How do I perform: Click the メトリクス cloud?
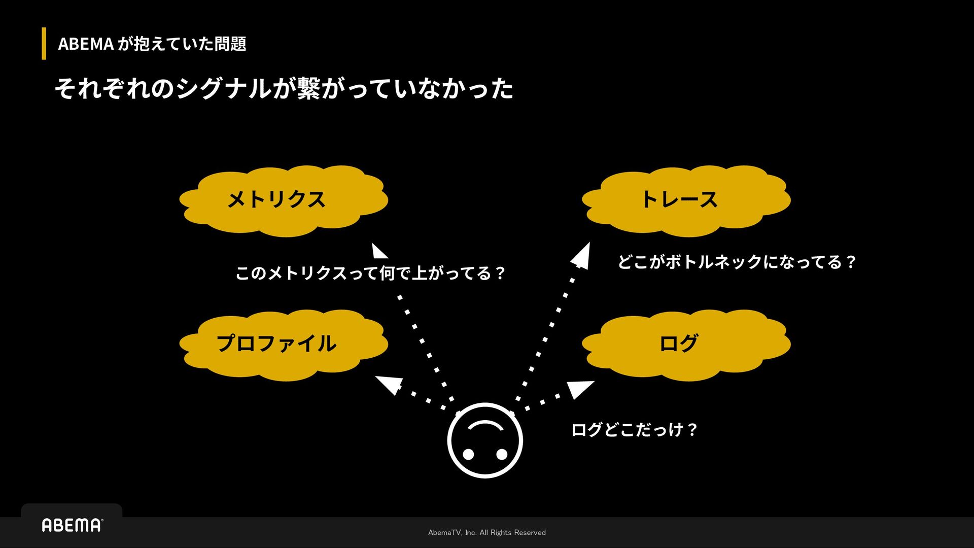pyautogui.click(x=283, y=200)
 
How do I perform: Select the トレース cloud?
pyautogui.click(x=686, y=200)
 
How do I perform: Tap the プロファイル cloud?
pyautogui.click(x=283, y=344)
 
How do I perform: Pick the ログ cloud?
pyautogui.click(x=686, y=344)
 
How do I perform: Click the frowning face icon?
pyautogui.click(x=485, y=440)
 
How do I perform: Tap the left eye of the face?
pyautogui.click(x=468, y=454)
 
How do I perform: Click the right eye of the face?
pyautogui.click(x=502, y=454)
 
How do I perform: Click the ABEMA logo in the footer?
pyautogui.click(x=72, y=525)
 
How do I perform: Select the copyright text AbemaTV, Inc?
pyautogui.click(x=486, y=532)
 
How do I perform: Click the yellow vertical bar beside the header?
pyautogui.click(x=44, y=44)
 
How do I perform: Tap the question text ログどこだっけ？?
pyautogui.click(x=634, y=430)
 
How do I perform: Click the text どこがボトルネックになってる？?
pyautogui.click(x=737, y=262)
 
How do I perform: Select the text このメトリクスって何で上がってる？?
pyautogui.click(x=370, y=273)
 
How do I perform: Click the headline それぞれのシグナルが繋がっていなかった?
pyautogui.click(x=284, y=88)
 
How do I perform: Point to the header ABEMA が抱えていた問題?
pyautogui.click(x=152, y=44)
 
